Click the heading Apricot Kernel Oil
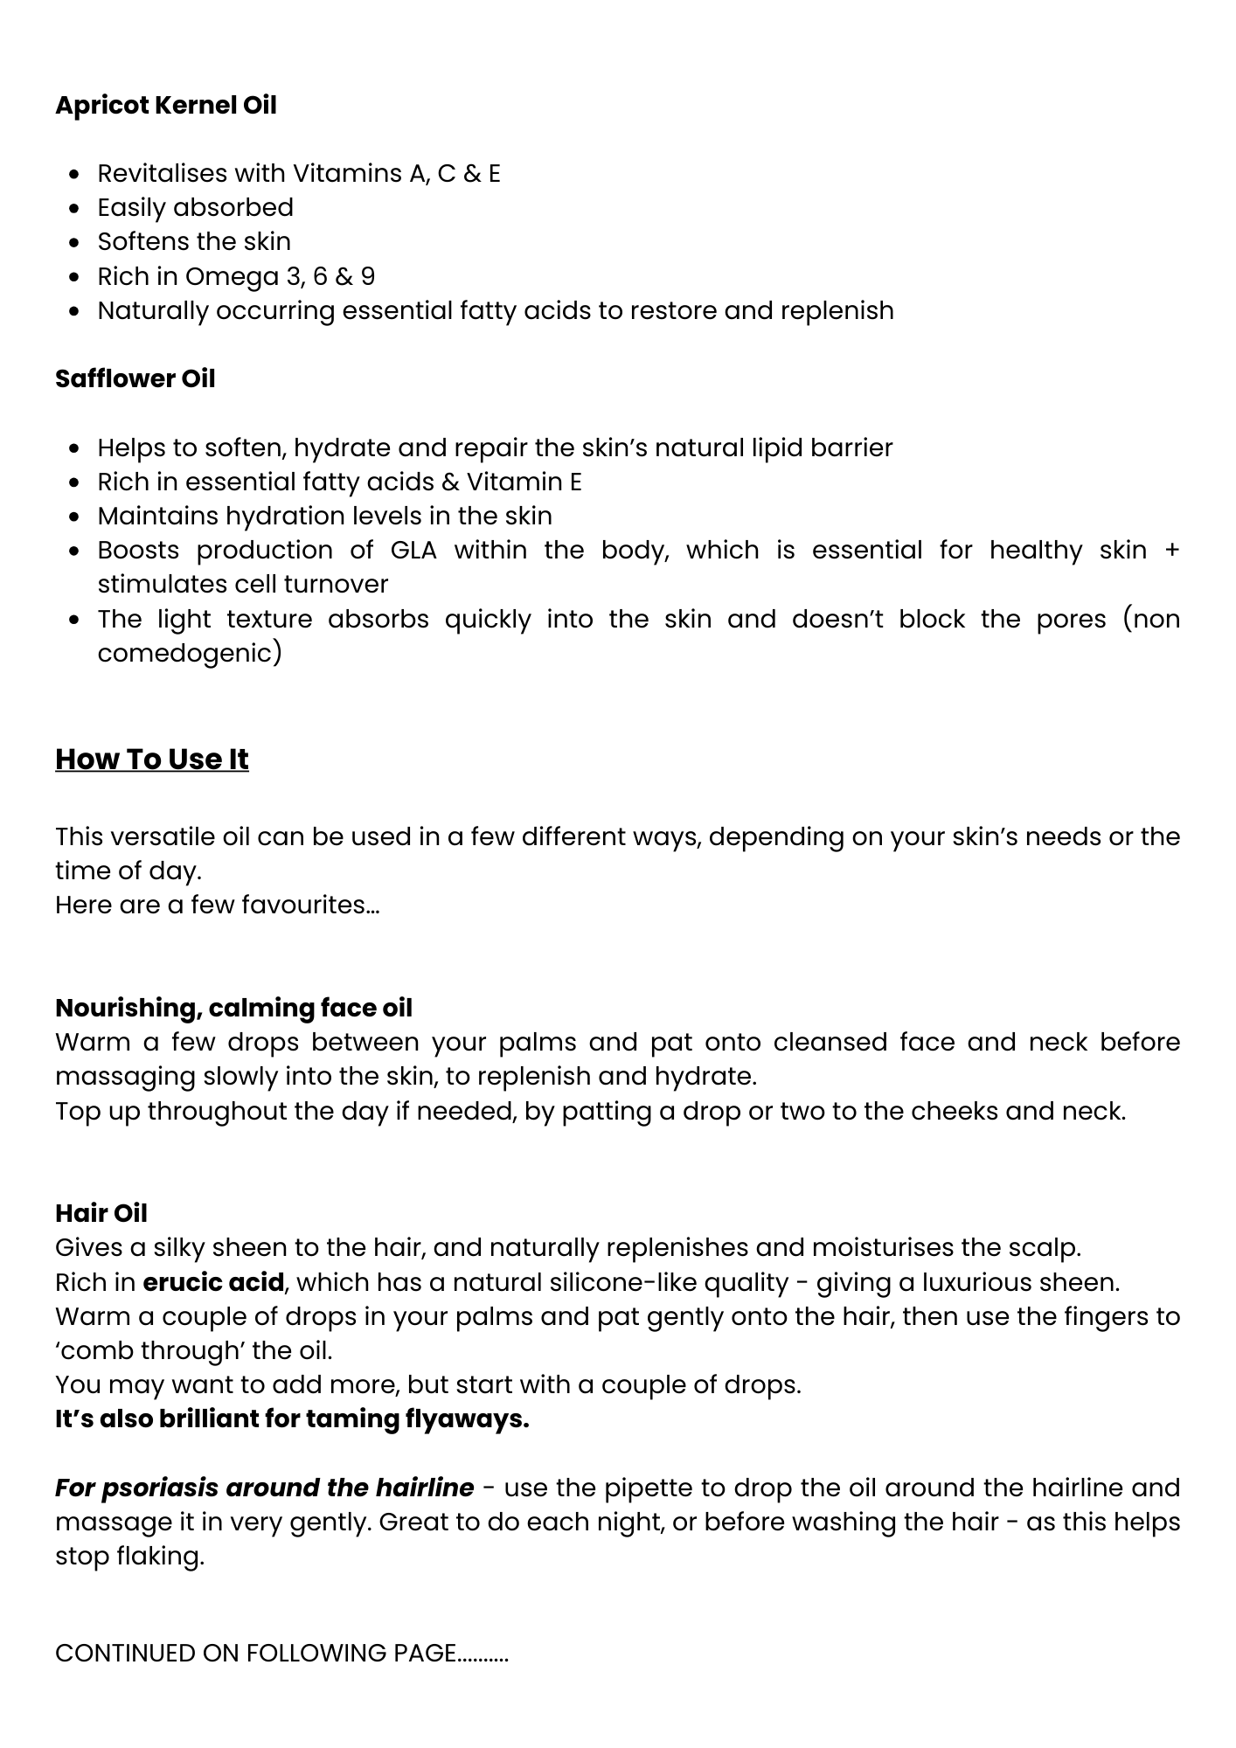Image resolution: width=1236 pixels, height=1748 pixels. (165, 105)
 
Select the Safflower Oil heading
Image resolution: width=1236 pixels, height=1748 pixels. (135, 378)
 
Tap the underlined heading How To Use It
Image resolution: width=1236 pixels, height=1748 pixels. (151, 759)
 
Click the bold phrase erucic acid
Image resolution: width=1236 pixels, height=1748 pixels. (213, 1282)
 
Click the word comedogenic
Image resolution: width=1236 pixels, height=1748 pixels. (189, 653)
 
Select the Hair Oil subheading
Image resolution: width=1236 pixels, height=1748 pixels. (101, 1213)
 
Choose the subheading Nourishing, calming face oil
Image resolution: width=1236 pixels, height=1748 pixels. (233, 1008)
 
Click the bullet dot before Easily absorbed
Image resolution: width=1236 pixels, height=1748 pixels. (76, 208)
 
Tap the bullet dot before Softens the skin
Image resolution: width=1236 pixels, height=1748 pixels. (76, 242)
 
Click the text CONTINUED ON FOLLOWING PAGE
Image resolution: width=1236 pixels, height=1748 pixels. (281, 1653)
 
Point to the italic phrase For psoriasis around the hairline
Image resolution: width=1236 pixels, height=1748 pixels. (264, 1488)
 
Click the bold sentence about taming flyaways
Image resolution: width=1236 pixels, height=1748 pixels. (292, 1419)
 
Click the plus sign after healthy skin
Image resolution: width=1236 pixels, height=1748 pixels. (1172, 550)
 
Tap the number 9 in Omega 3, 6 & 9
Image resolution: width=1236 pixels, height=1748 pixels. (368, 276)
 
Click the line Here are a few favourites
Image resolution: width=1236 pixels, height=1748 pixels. (217, 905)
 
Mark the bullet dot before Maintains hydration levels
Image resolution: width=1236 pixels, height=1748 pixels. (76, 517)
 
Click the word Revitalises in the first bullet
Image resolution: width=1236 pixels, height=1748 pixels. (162, 173)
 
